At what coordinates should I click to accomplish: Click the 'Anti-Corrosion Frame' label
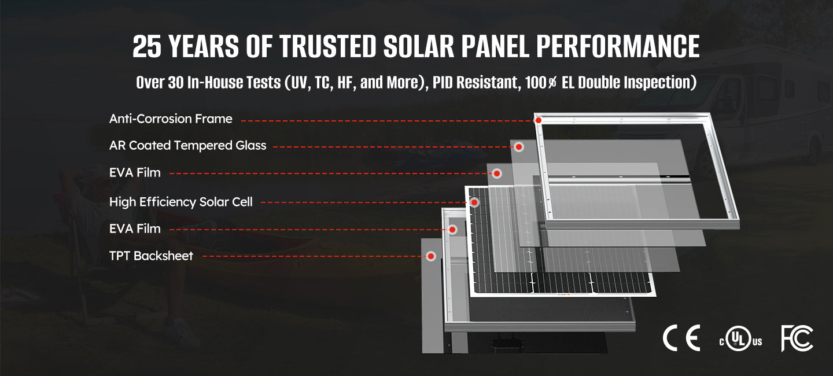[171, 119]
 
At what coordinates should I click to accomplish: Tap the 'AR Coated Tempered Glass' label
[188, 145]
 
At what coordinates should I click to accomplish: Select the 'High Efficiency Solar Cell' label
[180, 202]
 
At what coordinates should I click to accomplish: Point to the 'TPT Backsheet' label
[151, 256]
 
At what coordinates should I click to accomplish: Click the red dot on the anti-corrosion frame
[538, 120]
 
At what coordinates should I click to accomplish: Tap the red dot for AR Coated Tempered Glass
[519, 147]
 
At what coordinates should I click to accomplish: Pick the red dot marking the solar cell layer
[474, 202]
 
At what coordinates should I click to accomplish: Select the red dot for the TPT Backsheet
[431, 256]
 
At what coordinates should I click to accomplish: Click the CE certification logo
[681, 338]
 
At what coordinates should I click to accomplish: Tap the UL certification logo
[740, 338]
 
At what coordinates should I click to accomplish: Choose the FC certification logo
[797, 338]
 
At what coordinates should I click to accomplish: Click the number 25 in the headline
[147, 46]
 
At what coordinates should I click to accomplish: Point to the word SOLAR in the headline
[419, 46]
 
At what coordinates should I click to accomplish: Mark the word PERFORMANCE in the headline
[618, 46]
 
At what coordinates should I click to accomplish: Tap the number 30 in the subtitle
[176, 83]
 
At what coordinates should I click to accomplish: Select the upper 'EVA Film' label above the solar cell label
[135, 172]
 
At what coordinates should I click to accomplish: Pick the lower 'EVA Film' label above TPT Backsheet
[135, 228]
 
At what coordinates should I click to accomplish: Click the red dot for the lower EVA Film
[452, 230]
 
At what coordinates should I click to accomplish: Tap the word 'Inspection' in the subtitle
[657, 83]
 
